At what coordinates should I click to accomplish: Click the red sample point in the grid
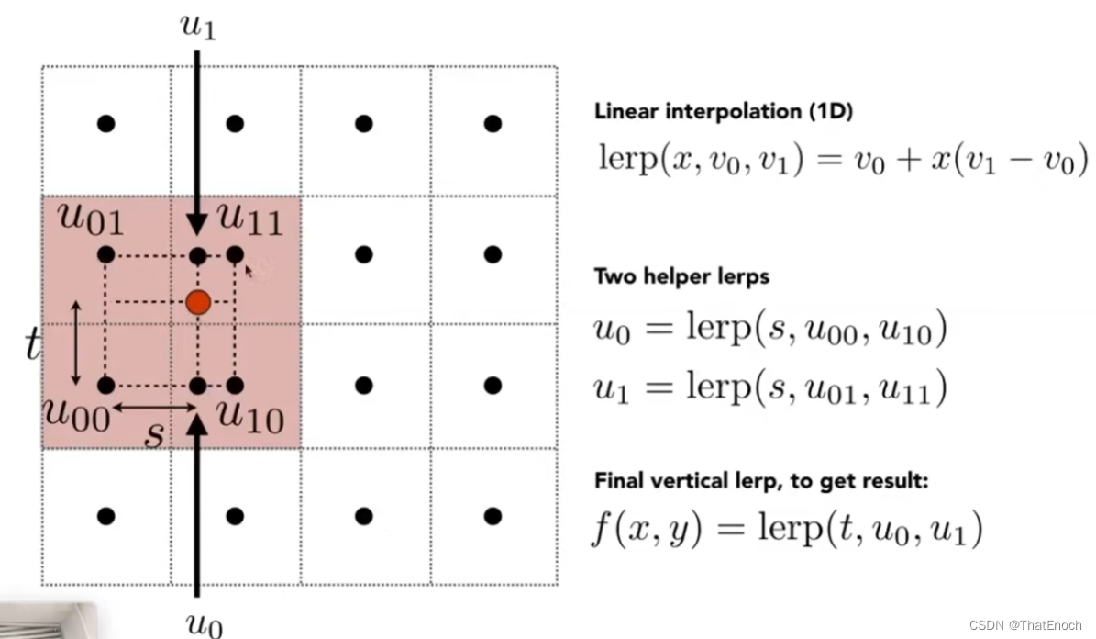click(x=198, y=302)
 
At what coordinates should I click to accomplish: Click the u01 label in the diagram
click(x=91, y=220)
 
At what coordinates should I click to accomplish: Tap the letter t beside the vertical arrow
click(x=33, y=345)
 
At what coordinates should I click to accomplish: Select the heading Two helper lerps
click(x=681, y=276)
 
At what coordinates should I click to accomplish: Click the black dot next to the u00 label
click(x=106, y=385)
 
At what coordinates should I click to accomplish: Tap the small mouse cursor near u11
click(x=248, y=270)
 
